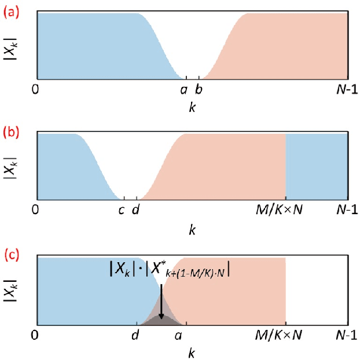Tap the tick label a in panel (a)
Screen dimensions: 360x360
(x=184, y=90)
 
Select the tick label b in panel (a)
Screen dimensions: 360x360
(x=199, y=90)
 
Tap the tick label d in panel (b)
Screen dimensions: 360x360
(x=135, y=210)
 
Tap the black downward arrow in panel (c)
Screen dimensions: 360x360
(x=161, y=301)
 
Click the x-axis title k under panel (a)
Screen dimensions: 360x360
(x=192, y=108)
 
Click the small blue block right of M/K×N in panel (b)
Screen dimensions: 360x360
(x=317, y=167)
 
